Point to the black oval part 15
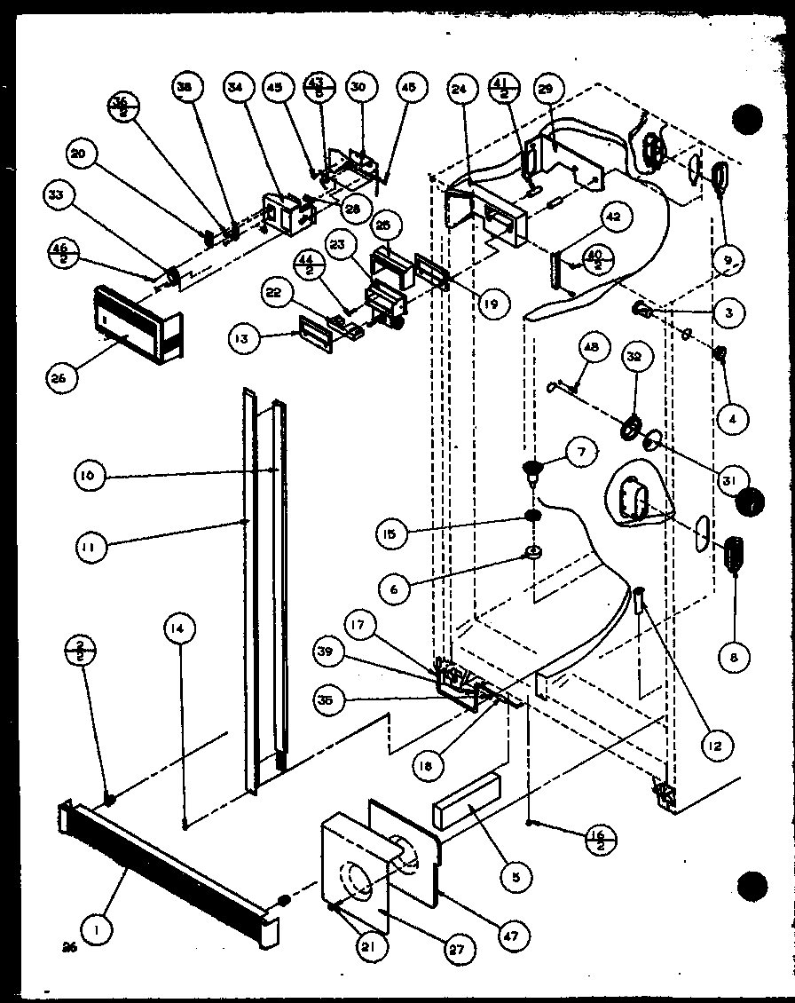click(533, 517)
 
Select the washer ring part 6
click(536, 554)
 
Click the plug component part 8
click(736, 556)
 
